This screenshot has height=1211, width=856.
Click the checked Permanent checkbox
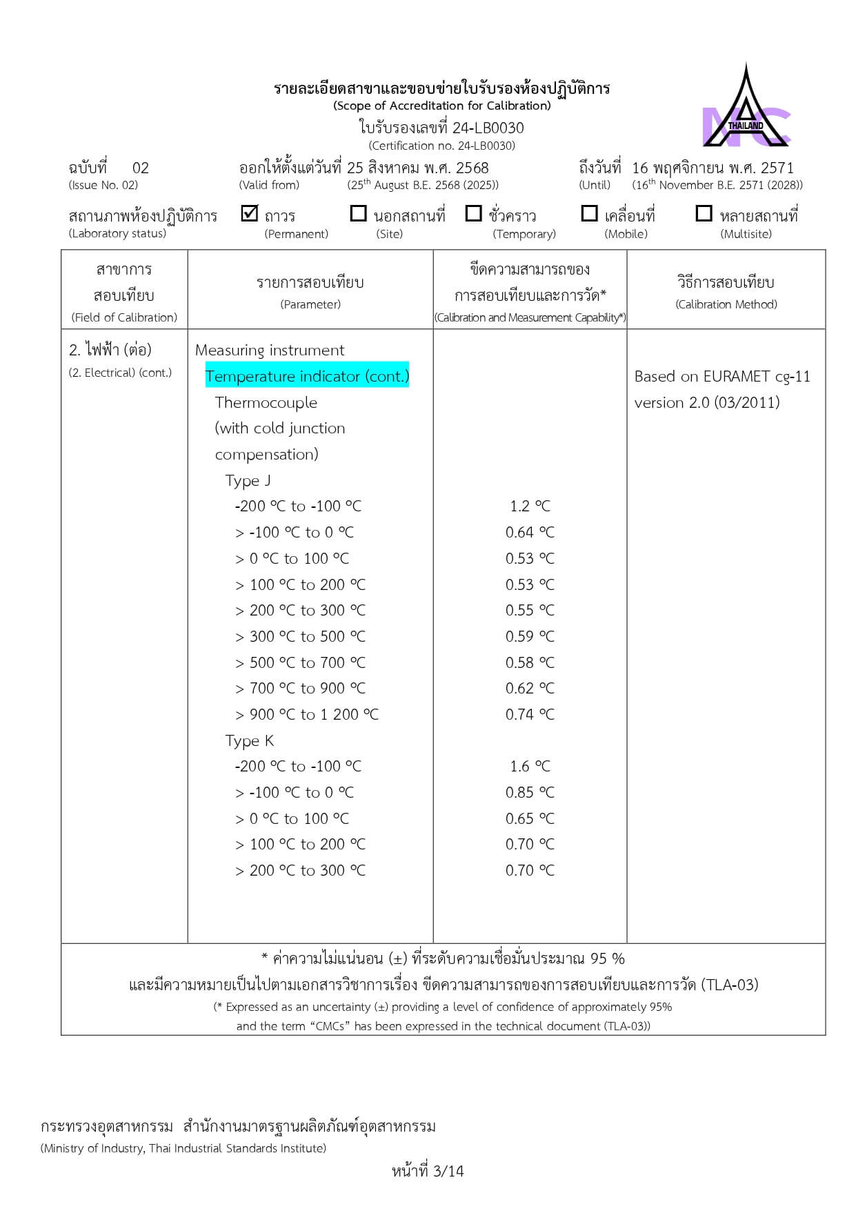tap(250, 214)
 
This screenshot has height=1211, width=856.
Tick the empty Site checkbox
tap(358, 214)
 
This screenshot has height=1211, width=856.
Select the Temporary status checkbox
tap(473, 214)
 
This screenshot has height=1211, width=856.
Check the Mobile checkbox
tap(589, 214)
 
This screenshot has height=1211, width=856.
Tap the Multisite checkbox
tap(704, 214)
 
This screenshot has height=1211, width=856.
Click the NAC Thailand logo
tap(746, 110)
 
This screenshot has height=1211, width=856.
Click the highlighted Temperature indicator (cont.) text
tap(307, 376)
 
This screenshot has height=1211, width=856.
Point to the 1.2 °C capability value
tap(530, 506)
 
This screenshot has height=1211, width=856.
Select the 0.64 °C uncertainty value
tap(530, 533)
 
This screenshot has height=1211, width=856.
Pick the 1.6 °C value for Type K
tap(530, 767)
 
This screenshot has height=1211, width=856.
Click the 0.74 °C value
tap(530, 715)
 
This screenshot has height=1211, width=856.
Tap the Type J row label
tap(248, 481)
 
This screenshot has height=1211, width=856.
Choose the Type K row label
tap(249, 741)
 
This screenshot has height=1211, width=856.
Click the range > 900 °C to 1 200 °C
tap(307, 715)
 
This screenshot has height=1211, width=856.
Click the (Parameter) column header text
tap(310, 304)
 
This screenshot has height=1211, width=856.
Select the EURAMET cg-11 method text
tap(722, 377)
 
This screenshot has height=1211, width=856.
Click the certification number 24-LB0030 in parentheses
tap(441, 146)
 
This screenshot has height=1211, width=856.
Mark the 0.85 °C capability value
tap(530, 793)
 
